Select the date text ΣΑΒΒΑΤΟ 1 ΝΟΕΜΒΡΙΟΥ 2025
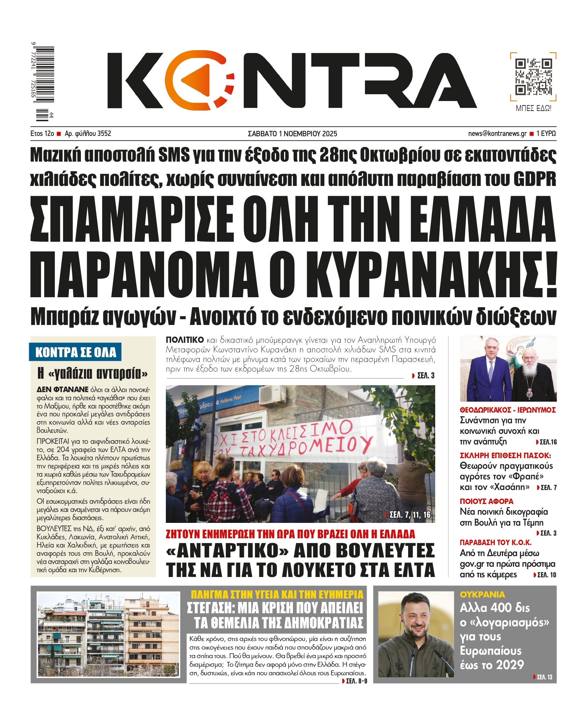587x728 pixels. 292,134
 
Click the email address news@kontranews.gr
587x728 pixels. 497,134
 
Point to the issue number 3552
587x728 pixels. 104,134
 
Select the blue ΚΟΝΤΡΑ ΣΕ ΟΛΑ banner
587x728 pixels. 75,352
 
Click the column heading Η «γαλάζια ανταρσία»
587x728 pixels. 93,373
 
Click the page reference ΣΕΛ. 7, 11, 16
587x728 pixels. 410,515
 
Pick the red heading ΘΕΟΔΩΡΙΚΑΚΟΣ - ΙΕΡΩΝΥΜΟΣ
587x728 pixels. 507,410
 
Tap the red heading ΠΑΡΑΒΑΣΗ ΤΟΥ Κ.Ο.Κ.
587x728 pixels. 495,542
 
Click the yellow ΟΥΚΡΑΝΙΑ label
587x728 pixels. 482,594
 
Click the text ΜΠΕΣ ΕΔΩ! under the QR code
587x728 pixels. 533,109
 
